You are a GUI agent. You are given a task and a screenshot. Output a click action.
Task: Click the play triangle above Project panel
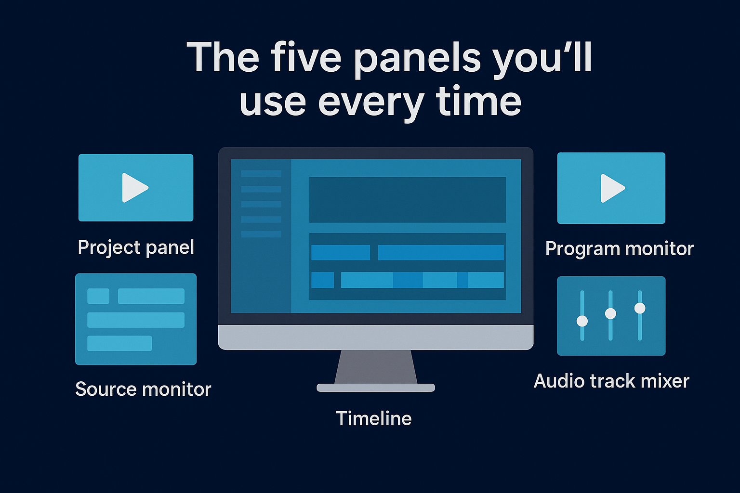[134, 188]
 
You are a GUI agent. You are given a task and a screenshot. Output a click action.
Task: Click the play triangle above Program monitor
[612, 188]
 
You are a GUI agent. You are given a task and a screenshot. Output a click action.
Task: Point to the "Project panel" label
[136, 247]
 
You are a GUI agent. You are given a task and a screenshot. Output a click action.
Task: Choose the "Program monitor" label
[619, 249]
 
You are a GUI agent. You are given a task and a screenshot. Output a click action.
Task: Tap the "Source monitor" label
[143, 389]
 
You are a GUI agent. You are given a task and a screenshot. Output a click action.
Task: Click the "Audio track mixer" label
[611, 381]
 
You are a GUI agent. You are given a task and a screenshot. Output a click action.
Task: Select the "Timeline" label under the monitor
[373, 418]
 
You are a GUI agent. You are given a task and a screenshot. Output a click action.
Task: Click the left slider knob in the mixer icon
[582, 321]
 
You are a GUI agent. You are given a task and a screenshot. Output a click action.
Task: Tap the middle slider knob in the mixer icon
[610, 313]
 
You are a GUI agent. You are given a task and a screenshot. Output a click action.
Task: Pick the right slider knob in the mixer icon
[640, 308]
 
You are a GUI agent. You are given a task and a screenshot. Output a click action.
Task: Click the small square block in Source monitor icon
[98, 296]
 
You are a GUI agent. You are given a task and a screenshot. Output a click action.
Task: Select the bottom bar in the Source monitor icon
[119, 343]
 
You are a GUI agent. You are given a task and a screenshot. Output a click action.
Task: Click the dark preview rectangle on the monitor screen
[407, 199]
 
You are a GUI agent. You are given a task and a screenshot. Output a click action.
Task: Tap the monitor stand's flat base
[375, 388]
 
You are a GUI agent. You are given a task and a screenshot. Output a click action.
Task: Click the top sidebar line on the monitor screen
[261, 173]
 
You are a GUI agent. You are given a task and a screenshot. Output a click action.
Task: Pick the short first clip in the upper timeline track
[340, 252]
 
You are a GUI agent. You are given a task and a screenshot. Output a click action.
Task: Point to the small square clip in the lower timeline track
[322, 280]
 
